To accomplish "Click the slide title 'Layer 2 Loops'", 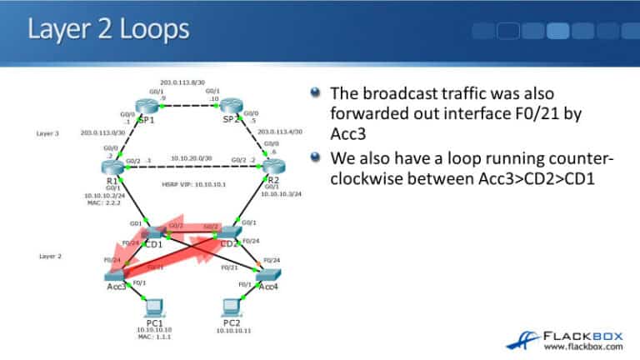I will (x=109, y=32).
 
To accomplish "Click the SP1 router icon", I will (x=148, y=106).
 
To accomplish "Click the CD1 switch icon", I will (x=152, y=232).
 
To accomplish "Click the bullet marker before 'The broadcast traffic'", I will (x=315, y=92).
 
